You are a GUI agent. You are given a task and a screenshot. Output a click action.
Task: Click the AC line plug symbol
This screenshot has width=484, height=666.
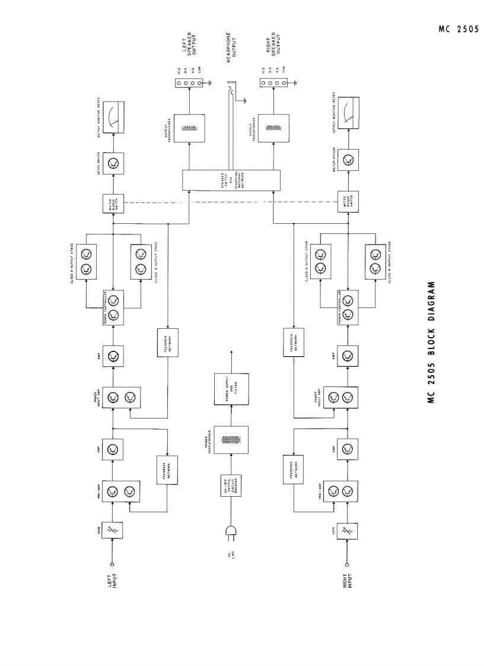pos(228,533)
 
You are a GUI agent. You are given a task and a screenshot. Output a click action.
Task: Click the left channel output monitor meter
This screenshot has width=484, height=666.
pos(111,116)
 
